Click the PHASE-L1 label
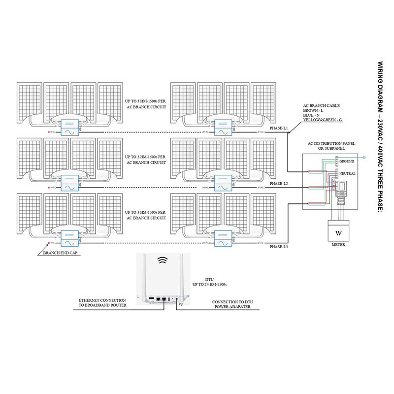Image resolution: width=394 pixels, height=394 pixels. tap(279, 128)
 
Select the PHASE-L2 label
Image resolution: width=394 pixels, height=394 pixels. tap(279, 183)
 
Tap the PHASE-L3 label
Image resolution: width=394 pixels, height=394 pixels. tap(279, 246)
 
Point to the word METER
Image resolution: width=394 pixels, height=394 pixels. tap(338, 244)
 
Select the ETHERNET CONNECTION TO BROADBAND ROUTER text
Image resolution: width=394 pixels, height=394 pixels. tap(102, 302)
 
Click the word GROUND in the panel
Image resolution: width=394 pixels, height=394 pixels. tap(347, 162)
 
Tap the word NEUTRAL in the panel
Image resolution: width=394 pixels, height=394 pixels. tap(347, 174)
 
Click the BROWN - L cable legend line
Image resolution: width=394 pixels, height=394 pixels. tap(314, 111)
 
